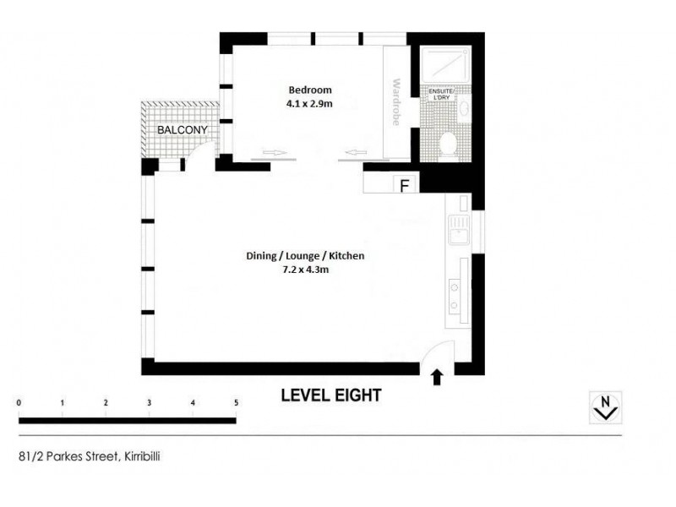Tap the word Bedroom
[310, 90]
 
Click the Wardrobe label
[395, 102]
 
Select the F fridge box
[404, 185]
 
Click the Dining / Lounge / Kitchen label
[305, 255]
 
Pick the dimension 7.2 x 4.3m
[305, 270]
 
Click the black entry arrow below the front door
[437, 377]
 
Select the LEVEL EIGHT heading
[331, 395]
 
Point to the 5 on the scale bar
[236, 403]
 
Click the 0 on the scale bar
[19, 403]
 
